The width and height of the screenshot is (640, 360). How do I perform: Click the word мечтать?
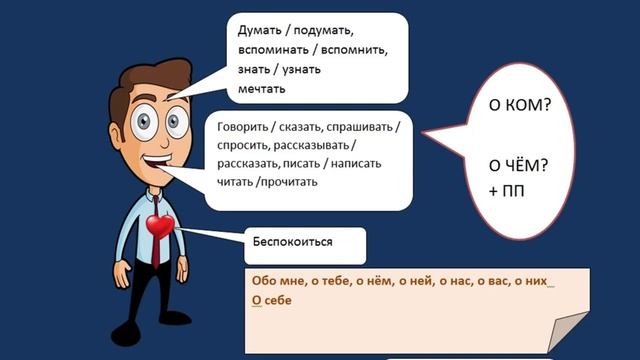(x=262, y=89)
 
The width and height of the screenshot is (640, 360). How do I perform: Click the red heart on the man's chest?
(x=160, y=227)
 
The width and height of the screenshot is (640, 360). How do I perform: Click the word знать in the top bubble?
(x=255, y=69)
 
